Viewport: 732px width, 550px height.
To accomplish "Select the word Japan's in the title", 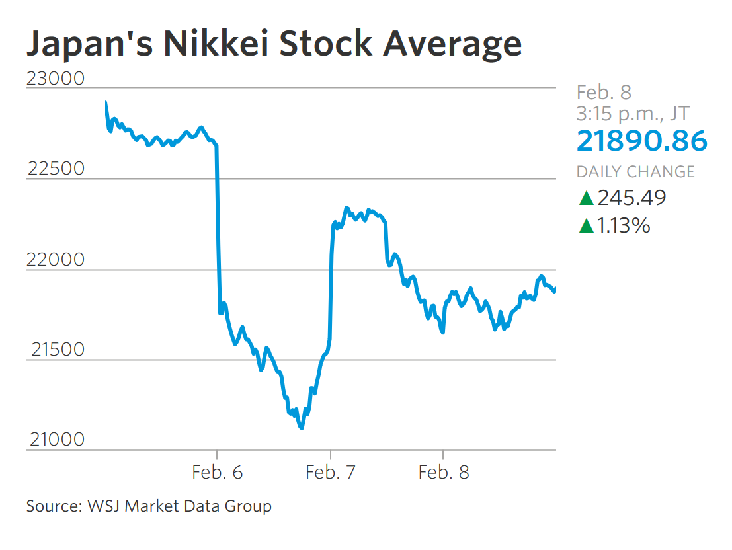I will pos(83,43).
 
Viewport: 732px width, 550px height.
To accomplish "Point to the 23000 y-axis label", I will pos(56,78).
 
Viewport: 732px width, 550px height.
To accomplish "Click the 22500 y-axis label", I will pos(56,169).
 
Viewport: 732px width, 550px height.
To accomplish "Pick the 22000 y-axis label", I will pos(56,260).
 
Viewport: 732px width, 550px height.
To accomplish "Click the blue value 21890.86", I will pos(641,141).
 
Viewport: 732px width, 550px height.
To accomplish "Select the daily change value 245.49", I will pos(631,198).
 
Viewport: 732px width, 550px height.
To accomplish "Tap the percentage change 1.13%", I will pos(624,226).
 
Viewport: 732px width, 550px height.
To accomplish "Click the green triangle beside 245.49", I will pos(585,198).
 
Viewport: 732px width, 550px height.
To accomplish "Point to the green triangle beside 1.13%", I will pos(585,226).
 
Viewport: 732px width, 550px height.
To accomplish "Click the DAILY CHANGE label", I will pos(635,172).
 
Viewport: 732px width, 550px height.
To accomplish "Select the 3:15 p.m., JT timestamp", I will pos(631,114).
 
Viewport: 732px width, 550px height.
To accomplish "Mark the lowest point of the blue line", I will pos(302,428).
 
